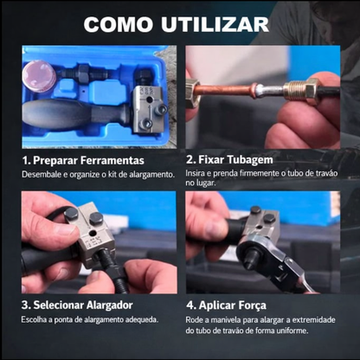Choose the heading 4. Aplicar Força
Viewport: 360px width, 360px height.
[233, 305]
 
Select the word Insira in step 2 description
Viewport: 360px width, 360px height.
[198, 175]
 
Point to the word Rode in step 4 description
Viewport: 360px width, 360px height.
[196, 319]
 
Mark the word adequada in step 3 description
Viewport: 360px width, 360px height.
[137, 319]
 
